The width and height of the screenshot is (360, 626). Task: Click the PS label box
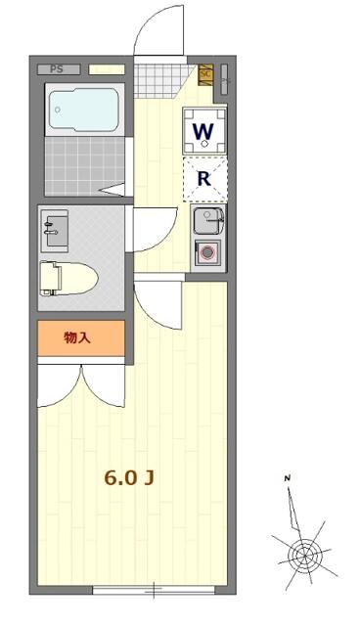[x=57, y=69]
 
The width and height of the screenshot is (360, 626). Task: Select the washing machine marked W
[x=204, y=131]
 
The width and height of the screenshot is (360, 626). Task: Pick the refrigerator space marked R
[x=204, y=178]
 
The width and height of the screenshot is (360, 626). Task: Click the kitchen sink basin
[x=207, y=220]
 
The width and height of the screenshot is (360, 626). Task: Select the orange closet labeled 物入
[x=81, y=337]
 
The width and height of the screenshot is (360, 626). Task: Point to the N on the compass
[x=288, y=478]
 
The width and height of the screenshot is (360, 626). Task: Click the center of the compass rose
[x=303, y=556]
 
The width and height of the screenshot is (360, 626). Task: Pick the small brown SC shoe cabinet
[x=205, y=73]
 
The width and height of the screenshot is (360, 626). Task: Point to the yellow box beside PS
[x=107, y=69]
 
